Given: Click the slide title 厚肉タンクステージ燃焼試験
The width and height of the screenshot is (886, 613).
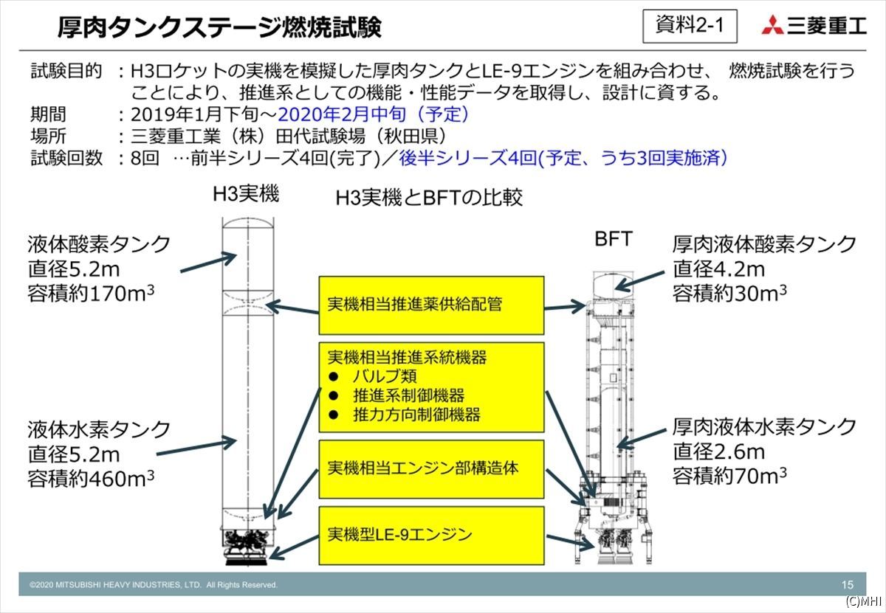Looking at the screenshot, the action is (219, 27).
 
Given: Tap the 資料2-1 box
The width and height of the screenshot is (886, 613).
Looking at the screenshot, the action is (690, 26).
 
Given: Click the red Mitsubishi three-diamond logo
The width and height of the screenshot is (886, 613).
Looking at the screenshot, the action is (772, 25).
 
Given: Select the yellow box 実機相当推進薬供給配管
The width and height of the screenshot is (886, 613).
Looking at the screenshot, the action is (431, 305).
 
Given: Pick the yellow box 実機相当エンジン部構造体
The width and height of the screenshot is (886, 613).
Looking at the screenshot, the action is (431, 469).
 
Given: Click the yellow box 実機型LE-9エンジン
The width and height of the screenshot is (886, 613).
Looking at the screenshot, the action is (431, 536).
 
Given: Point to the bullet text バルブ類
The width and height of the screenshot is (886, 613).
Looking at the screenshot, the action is (385, 376).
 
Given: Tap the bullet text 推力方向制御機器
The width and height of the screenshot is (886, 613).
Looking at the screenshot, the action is (416, 415).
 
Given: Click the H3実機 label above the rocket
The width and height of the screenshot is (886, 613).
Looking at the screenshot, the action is (246, 194).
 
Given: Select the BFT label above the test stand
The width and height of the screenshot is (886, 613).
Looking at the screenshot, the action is (614, 239).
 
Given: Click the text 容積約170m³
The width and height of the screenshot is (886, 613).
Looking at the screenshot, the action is (91, 294).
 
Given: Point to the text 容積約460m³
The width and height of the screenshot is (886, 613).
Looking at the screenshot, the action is (91, 479).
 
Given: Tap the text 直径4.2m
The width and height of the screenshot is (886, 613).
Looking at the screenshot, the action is (718, 269).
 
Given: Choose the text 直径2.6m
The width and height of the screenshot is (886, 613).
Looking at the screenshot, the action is (718, 451).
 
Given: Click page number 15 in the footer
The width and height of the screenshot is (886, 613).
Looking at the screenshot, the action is (848, 584).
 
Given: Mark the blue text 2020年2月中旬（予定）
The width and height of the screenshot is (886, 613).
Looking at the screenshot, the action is (374, 114).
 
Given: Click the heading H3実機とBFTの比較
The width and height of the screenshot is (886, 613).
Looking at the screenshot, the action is (429, 197).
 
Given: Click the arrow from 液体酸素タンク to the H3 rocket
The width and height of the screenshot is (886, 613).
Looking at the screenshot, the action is (208, 263).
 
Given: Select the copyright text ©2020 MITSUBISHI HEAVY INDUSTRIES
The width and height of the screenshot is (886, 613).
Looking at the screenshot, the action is (154, 584).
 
